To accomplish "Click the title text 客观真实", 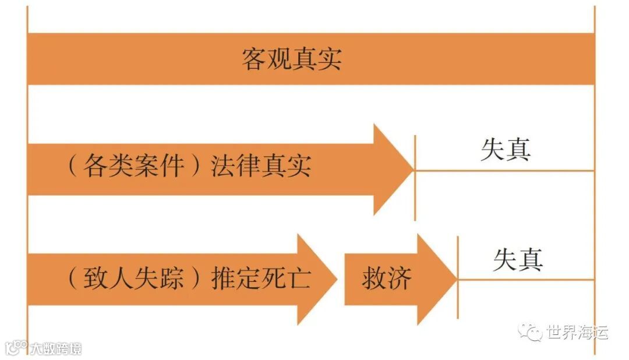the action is click(292, 59).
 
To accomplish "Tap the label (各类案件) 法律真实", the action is click(189, 167).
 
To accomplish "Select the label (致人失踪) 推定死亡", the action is click(189, 278).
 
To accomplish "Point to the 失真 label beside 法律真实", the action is click(506, 150).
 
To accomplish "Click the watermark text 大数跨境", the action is click(56, 349).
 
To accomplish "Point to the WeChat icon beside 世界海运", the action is click(531, 333).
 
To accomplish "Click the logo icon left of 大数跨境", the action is click(16, 348).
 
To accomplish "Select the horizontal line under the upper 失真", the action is click(504, 171).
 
